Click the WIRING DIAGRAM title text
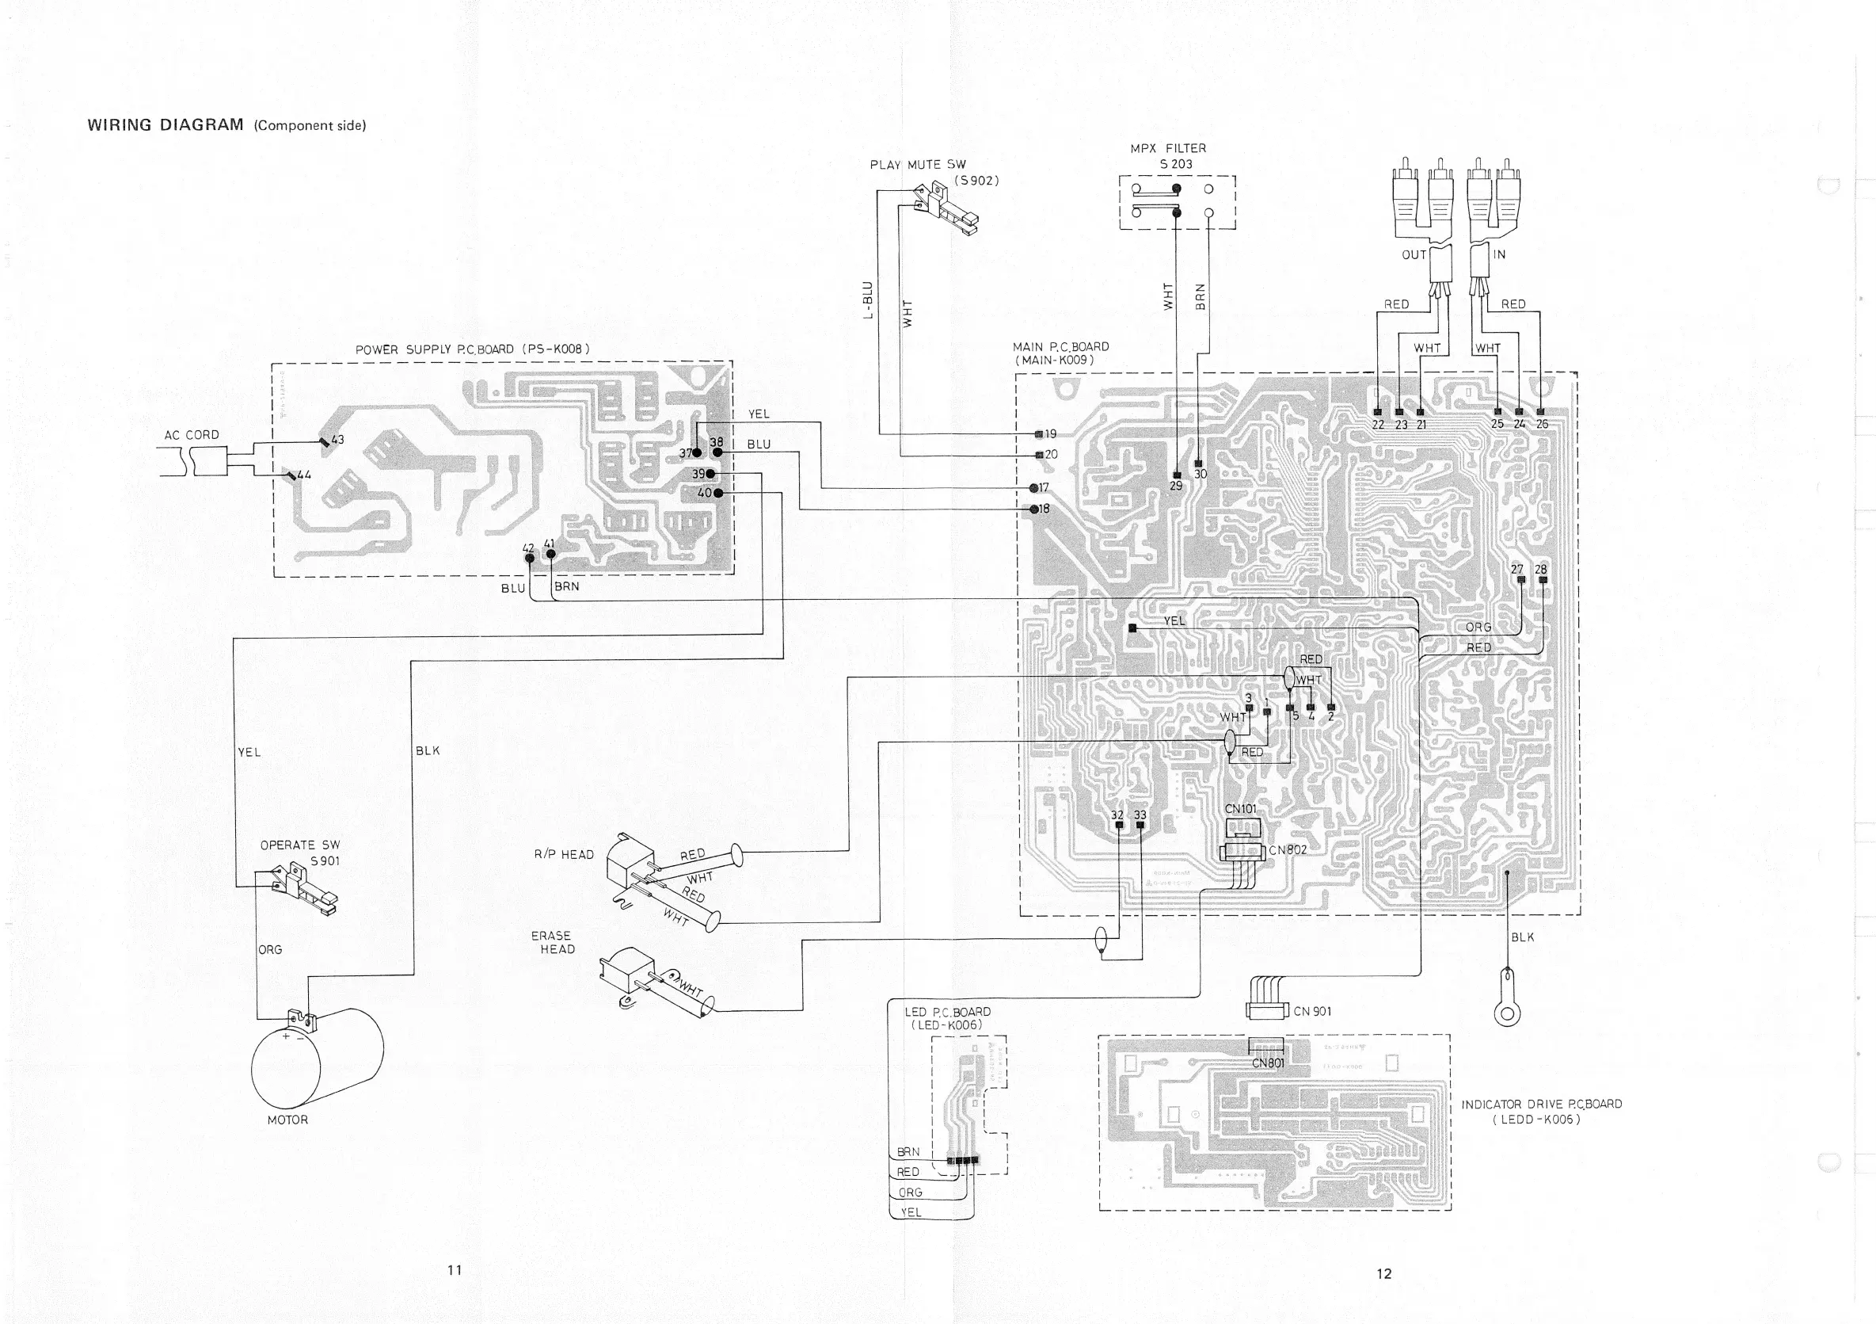[165, 125]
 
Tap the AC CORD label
[192, 435]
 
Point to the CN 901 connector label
[1312, 1011]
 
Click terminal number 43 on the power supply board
[337, 439]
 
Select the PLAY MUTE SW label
[918, 164]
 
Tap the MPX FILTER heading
[1168, 148]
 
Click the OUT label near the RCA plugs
[1414, 254]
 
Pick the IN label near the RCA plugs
[1499, 254]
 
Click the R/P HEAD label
[564, 854]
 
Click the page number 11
[455, 1269]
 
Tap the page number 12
[1383, 1272]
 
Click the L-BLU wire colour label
[869, 300]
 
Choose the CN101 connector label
[1240, 809]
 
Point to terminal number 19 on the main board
[1051, 434]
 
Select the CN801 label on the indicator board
[1268, 1063]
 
